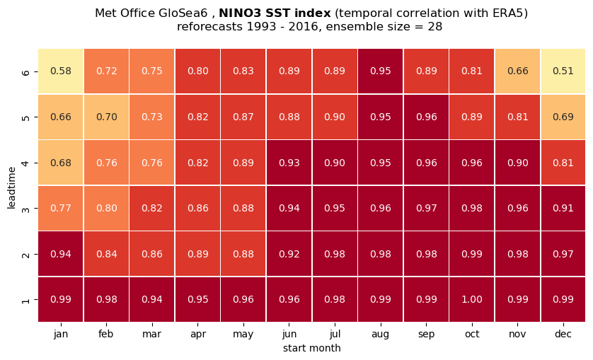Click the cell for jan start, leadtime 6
click(x=61, y=71)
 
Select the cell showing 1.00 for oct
click(x=471, y=299)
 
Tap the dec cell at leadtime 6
click(x=563, y=71)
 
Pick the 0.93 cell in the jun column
click(x=289, y=163)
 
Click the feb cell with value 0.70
click(x=106, y=117)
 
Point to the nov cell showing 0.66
click(x=517, y=71)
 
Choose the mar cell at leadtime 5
click(x=152, y=117)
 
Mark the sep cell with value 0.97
click(x=426, y=209)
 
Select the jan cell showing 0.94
click(x=61, y=254)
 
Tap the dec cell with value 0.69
click(x=563, y=117)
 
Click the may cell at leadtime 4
click(x=243, y=163)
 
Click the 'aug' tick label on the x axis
click(x=381, y=335)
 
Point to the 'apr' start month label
click(x=198, y=335)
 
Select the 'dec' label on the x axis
click(x=563, y=334)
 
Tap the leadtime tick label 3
click(x=25, y=209)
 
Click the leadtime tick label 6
click(x=25, y=71)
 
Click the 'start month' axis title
click(x=311, y=348)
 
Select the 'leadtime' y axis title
click(x=12, y=187)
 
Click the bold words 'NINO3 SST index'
click(x=275, y=13)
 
